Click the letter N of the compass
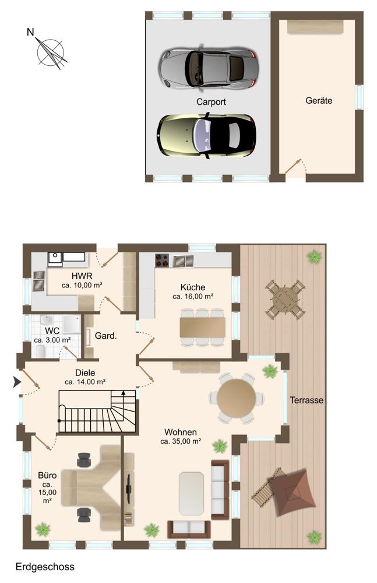(x=30, y=32)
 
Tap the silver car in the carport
(x=208, y=68)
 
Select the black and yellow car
(x=206, y=136)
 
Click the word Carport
(x=211, y=101)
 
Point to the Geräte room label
(x=319, y=100)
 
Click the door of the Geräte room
(x=293, y=167)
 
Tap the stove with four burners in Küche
(x=162, y=260)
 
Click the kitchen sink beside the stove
(x=184, y=261)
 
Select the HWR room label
(x=82, y=276)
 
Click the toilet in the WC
(x=41, y=351)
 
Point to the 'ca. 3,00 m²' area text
(x=52, y=340)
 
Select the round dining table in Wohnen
(x=237, y=398)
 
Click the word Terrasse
(x=306, y=400)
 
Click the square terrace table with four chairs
(x=285, y=299)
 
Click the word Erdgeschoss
(x=45, y=567)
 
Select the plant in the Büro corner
(x=43, y=529)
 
